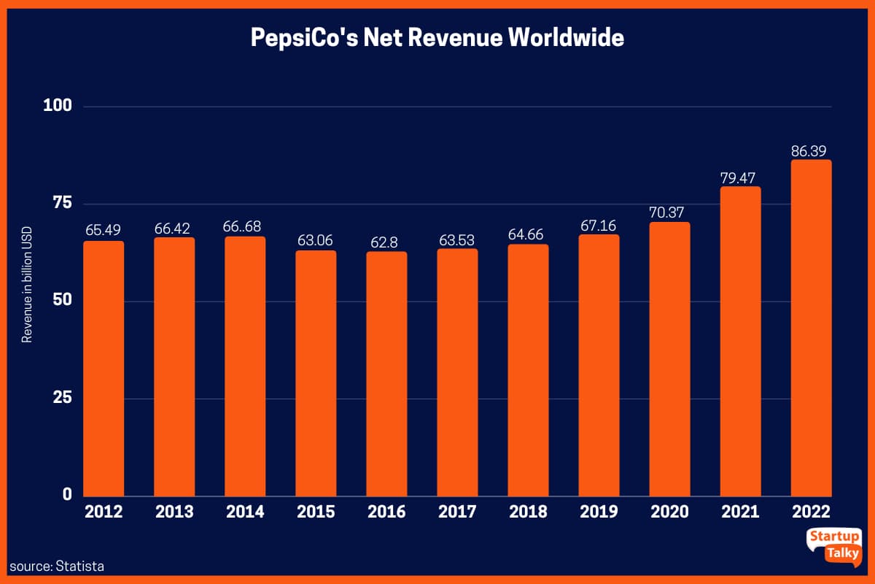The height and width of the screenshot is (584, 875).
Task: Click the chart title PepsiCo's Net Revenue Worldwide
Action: pos(437,37)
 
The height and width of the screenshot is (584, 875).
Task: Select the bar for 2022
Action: pos(811,328)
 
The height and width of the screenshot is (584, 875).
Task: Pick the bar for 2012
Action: pos(104,369)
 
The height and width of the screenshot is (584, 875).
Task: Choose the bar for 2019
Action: pos(599,365)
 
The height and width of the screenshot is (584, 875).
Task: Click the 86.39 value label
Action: pos(811,151)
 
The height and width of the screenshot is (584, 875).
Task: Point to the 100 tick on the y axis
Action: pos(58,107)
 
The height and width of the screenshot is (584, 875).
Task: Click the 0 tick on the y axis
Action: pos(66,495)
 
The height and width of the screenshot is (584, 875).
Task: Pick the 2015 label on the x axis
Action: pos(316,512)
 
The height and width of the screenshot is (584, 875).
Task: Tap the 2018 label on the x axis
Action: pos(528,512)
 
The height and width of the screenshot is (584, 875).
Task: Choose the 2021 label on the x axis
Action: pos(740,512)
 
